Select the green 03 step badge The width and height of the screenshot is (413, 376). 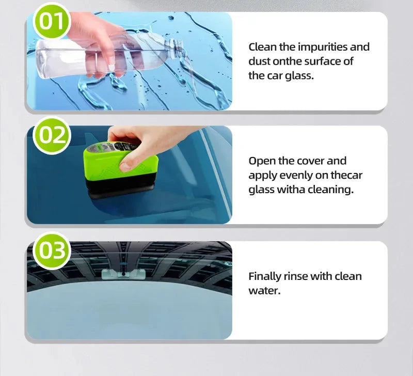(x=51, y=250)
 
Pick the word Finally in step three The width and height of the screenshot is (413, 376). (x=264, y=276)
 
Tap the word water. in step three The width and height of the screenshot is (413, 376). (x=264, y=291)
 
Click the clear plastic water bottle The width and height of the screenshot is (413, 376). (x=103, y=52)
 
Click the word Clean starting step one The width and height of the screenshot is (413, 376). (x=263, y=47)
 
